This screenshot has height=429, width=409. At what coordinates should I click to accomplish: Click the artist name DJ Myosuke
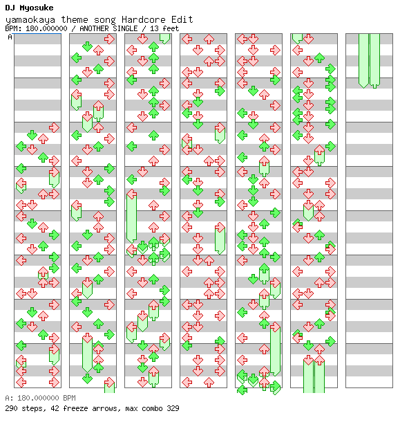pos(29,8)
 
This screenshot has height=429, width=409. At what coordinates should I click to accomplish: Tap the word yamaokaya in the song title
pos(30,19)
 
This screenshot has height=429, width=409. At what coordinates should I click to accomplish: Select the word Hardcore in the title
pos(144,19)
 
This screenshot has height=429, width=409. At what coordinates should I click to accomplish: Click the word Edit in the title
pos(182,19)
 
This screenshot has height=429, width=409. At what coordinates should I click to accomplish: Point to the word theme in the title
pos(75,19)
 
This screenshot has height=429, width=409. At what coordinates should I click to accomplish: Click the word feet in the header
pos(171,28)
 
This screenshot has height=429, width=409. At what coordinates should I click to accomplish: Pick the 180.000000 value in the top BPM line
pos(46,28)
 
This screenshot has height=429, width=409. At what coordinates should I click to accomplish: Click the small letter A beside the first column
pos(10,37)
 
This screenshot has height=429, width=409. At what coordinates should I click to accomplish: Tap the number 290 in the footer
pos(11,408)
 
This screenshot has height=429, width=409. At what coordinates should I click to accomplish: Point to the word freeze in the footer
pos(76,408)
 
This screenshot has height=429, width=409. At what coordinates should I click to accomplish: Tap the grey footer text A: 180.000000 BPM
pos(41,398)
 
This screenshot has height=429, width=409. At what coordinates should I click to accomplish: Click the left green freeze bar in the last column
pos(363,60)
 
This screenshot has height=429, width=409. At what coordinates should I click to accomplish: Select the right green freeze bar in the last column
pos(374,60)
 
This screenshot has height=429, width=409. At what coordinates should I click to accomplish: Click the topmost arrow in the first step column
pos(54,127)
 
